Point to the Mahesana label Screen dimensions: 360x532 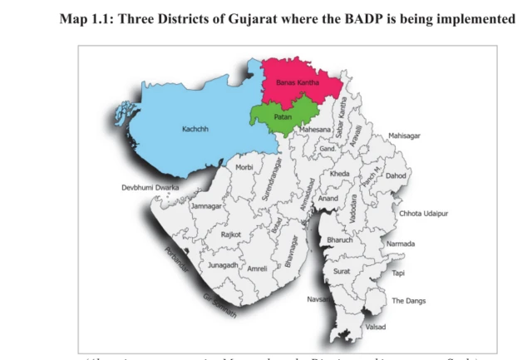pyautogui.click(x=316, y=131)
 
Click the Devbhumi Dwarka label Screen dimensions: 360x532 pyautogui.click(x=150, y=187)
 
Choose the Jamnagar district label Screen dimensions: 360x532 pyautogui.click(x=207, y=205)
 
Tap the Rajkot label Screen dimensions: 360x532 pyautogui.click(x=230, y=234)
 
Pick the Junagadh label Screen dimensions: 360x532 pyautogui.click(x=223, y=264)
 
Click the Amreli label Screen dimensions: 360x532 pyautogui.click(x=258, y=269)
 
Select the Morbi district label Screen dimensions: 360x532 pyautogui.click(x=244, y=167)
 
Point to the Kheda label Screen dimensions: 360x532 pyautogui.click(x=339, y=174)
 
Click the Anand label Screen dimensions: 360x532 pyautogui.click(x=328, y=199)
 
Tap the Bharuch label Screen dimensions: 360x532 pyautogui.click(x=340, y=239)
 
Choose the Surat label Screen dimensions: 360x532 pyautogui.click(x=341, y=271)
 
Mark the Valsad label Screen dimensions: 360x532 pyautogui.click(x=376, y=327)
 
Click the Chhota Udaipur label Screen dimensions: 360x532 pyautogui.click(x=423, y=214)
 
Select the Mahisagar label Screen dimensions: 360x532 pyautogui.click(x=404, y=136)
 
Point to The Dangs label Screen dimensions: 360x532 pyautogui.click(x=408, y=300)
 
